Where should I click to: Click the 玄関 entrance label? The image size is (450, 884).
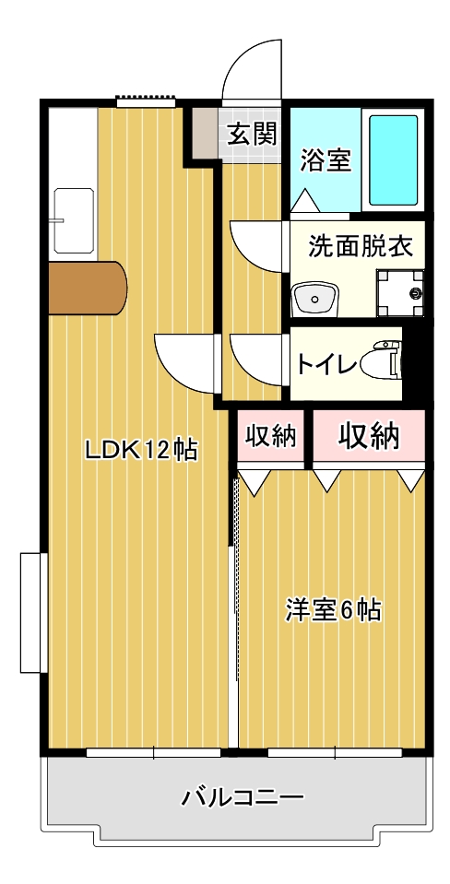point(252,136)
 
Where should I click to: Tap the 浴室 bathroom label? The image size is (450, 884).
point(326,160)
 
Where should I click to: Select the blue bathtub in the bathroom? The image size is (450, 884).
point(394,160)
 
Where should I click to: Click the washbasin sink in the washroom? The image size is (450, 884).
point(314,299)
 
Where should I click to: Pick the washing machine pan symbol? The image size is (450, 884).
point(400,293)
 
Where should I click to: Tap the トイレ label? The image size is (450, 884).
point(327,365)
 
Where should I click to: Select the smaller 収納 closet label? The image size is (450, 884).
point(271,435)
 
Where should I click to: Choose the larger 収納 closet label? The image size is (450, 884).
point(369,435)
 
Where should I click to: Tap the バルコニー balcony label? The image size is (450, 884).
point(243,797)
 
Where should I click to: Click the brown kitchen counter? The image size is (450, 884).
point(88,289)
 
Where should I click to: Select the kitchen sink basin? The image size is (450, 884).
point(73,220)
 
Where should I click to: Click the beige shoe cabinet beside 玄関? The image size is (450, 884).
point(206,133)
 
